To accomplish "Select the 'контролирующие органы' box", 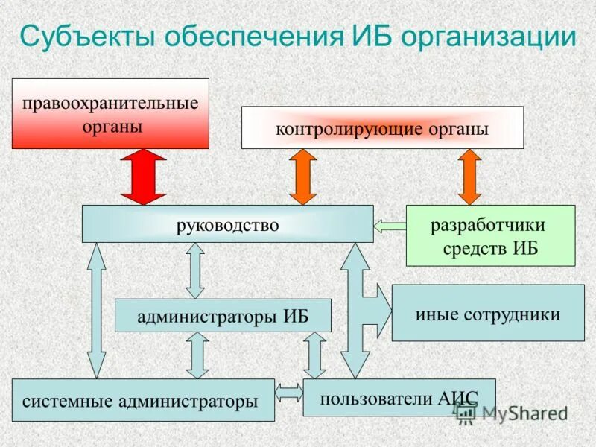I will click(382, 127).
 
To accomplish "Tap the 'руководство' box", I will click(227, 224).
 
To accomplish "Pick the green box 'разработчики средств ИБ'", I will click(490, 235).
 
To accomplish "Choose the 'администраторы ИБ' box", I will click(223, 315).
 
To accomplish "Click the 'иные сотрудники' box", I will click(488, 313).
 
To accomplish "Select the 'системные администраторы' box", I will click(143, 400).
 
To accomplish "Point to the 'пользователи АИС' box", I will click(399, 397).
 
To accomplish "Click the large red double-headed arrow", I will click(143, 177).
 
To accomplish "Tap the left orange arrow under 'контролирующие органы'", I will click(303, 177).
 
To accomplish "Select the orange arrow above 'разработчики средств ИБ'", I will click(469, 177).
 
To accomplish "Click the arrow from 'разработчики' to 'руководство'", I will click(389, 224).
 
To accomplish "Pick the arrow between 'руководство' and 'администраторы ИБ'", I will click(195, 270).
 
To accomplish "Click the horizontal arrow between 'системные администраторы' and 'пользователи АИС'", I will click(288, 390).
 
